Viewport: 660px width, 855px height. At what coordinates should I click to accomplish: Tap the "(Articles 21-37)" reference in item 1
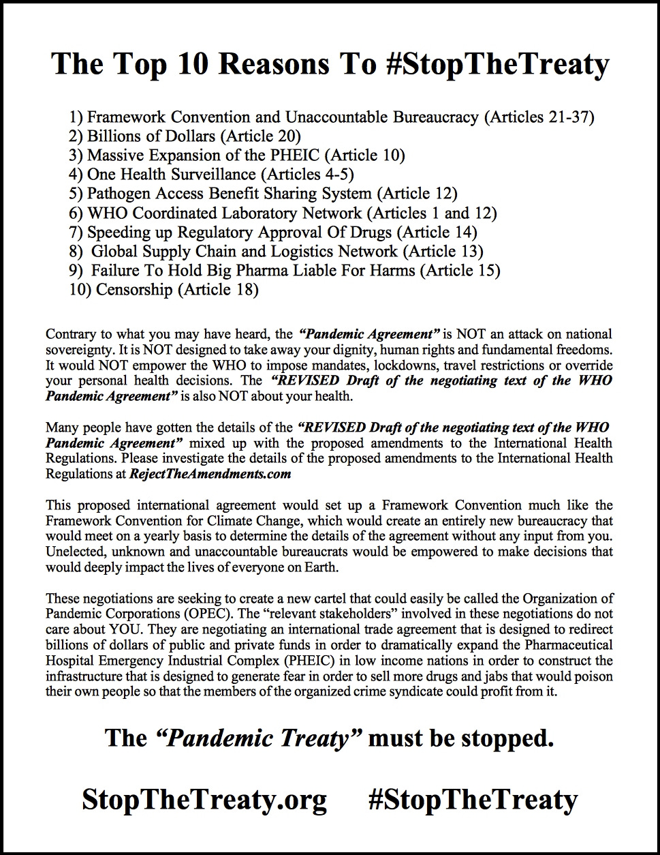539,117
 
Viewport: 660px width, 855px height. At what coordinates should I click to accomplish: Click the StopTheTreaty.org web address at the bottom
204,799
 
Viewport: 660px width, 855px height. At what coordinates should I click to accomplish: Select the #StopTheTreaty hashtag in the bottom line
472,799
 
